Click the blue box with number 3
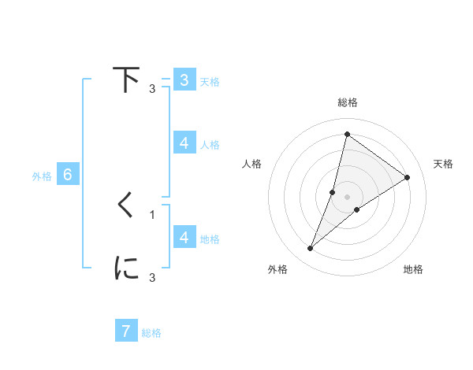pos(184,80)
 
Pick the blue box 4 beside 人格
pos(184,143)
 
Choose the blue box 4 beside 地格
pos(184,237)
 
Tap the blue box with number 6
pos(68,175)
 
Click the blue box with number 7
pos(126,331)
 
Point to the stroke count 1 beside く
pos(152,215)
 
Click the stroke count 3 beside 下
pos(152,89)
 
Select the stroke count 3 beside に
pos(152,278)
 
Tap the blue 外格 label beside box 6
pos(42,176)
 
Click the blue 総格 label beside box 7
pos(151,333)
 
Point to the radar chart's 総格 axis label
pos(347,103)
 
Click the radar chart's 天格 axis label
pos(443,164)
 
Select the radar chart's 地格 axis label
pos(413,269)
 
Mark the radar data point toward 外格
pos(311,249)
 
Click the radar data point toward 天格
pos(408,178)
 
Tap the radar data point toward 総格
pos(347,134)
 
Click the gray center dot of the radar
pos(347,197)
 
